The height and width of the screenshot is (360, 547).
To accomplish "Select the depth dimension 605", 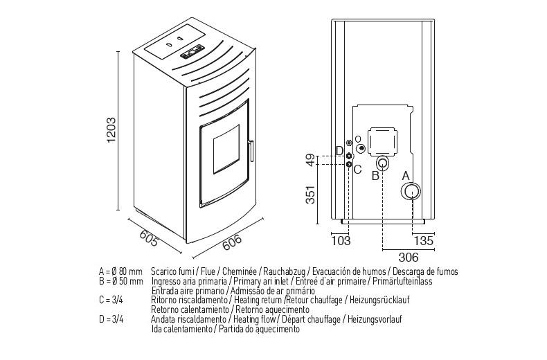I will [148, 237].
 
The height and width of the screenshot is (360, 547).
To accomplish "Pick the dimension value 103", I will [341, 241].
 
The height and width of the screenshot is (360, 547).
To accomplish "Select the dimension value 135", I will [423, 241].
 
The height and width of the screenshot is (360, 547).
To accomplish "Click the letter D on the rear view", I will [339, 151].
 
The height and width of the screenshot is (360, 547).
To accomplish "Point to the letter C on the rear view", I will [357, 168].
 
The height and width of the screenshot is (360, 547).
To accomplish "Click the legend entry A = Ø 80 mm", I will [121, 272].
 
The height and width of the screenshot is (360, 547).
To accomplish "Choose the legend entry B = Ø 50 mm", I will [121, 282].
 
